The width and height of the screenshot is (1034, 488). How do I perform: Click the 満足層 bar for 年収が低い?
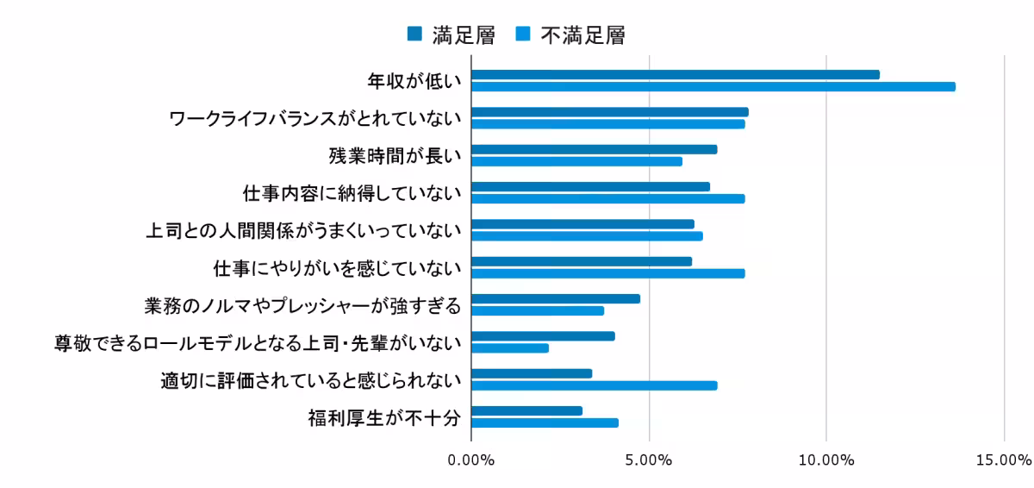point(676,75)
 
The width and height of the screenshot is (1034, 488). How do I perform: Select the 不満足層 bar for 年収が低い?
point(713,87)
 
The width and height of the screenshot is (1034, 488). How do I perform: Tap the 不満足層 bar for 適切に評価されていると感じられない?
point(595,385)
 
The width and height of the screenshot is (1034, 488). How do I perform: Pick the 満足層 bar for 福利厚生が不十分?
point(527,410)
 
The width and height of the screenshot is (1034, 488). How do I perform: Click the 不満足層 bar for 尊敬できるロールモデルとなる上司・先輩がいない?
point(510,348)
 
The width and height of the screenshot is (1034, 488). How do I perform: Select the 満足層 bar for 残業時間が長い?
point(595,149)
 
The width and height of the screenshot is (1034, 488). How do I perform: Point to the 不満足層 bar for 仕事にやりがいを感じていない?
point(608,273)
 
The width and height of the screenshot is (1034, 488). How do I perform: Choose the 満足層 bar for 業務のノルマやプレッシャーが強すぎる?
point(556,298)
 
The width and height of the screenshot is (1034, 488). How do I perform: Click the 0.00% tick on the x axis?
point(471,460)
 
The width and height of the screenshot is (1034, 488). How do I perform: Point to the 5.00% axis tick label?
point(649,460)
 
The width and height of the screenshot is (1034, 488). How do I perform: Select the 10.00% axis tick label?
point(825,460)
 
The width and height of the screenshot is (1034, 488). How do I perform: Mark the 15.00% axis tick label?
point(1003,460)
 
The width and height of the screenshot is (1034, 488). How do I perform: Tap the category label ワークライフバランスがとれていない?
point(315,118)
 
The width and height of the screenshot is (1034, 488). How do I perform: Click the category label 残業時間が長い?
point(396,155)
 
